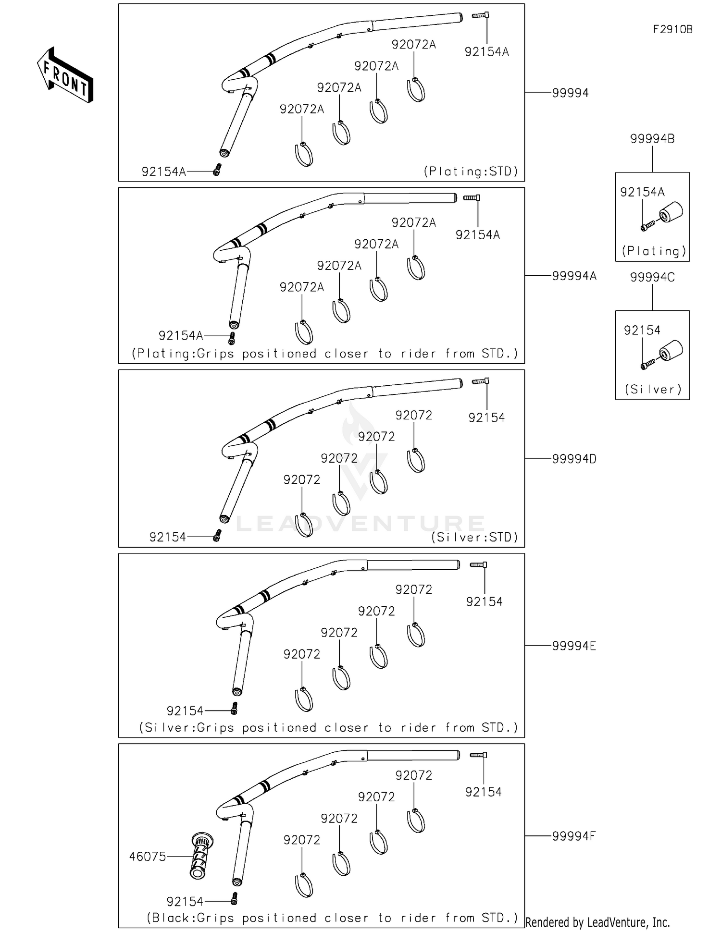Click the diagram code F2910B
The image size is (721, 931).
(x=672, y=29)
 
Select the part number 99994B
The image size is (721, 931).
(x=652, y=139)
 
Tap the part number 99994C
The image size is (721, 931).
(x=652, y=277)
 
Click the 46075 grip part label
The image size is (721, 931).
(x=147, y=856)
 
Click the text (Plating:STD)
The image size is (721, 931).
(x=471, y=171)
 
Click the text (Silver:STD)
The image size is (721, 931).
(x=474, y=537)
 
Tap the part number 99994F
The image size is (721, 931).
(x=573, y=836)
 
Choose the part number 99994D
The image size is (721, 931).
(x=574, y=459)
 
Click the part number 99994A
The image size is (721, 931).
(x=574, y=276)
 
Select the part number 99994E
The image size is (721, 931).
(x=573, y=646)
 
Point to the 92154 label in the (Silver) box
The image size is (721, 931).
(x=642, y=331)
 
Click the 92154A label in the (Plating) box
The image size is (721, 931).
(x=642, y=192)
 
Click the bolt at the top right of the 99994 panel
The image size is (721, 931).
(x=480, y=15)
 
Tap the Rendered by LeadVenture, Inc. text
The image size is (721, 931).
(x=597, y=922)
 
